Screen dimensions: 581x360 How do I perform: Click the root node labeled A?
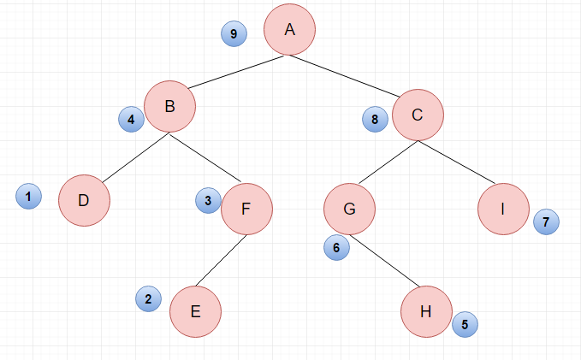290,30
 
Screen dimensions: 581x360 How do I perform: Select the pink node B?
169,106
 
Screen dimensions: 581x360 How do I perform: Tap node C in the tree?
418,115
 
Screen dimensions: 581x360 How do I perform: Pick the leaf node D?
84,200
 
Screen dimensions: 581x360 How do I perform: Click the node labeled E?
196,311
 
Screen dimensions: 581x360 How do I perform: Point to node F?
246,209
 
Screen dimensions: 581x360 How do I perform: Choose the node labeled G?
349,209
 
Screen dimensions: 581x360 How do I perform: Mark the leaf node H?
426,311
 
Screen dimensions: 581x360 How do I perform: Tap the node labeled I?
503,209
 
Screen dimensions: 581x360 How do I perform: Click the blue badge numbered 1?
28,197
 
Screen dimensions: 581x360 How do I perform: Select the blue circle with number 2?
148,299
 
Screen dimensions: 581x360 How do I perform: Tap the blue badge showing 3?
208,200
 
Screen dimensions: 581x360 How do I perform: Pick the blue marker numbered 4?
131,119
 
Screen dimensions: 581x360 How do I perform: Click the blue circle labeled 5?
465,324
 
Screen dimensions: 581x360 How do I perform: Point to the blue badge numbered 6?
336,247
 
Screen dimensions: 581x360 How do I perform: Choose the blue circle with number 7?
546,221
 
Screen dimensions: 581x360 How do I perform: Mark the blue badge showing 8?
375,119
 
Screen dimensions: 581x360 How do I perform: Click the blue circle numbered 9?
234,33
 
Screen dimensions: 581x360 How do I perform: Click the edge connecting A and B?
236,72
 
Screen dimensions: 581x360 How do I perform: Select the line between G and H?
385,261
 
